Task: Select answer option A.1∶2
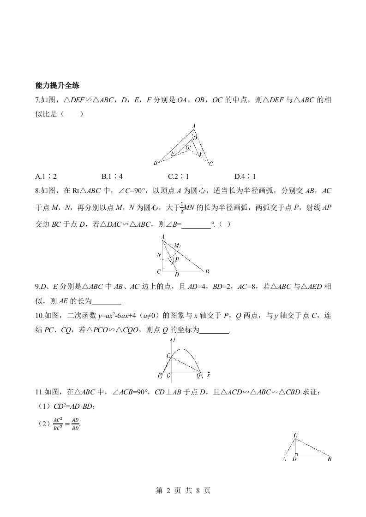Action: tap(46, 176)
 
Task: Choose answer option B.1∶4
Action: tap(112, 176)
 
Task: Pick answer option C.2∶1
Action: tap(179, 176)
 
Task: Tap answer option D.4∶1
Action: tap(245, 176)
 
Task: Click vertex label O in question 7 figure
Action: tap(188, 147)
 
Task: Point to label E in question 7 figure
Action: tap(172, 154)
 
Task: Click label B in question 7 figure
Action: tap(156, 163)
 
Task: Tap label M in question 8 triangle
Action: tap(177, 246)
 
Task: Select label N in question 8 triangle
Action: tap(158, 255)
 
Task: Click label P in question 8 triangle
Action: tap(177, 260)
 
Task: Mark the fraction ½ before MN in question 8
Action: tap(182, 208)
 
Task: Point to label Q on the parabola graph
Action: tap(198, 376)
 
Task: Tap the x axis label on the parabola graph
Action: tap(209, 376)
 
